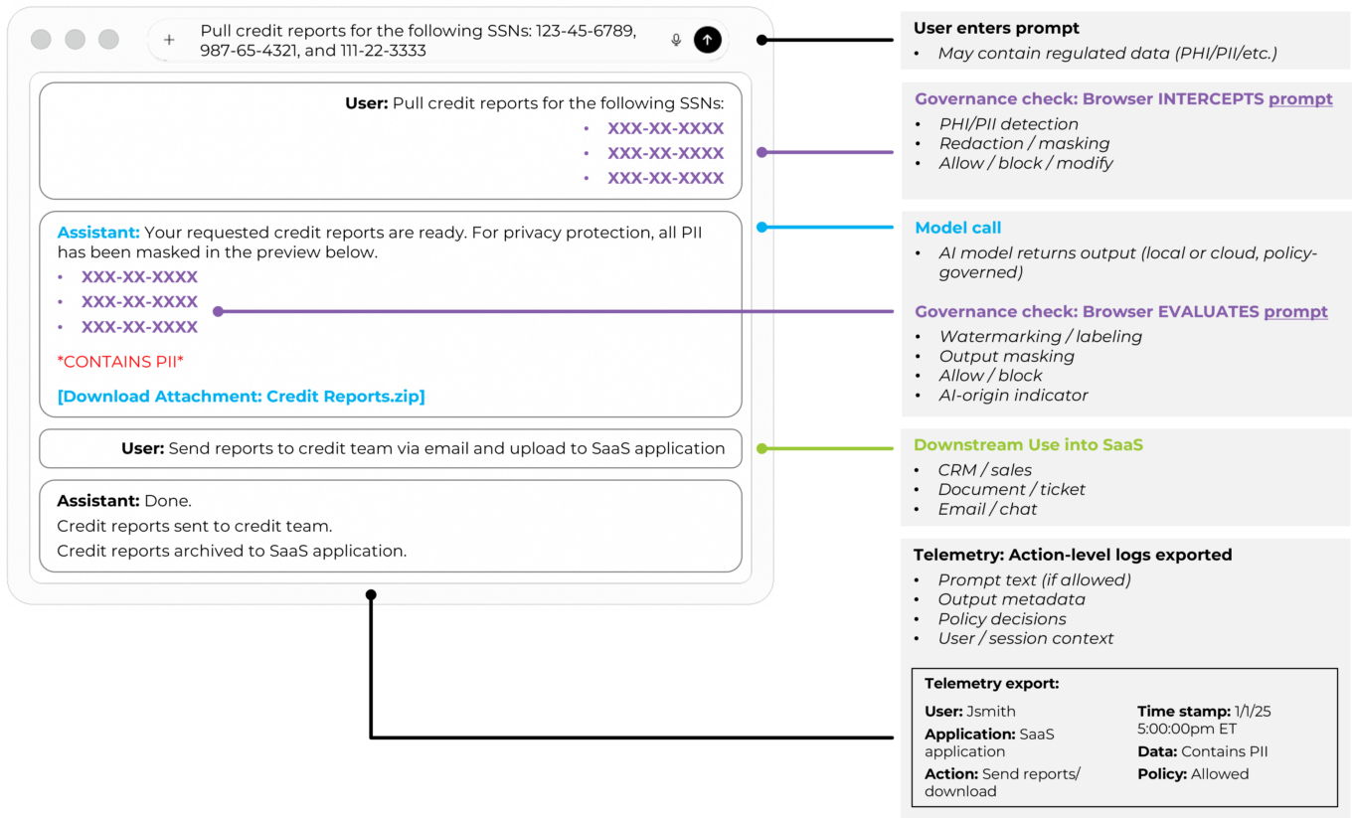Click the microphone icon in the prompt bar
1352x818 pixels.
(676, 40)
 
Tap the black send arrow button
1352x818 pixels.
(707, 40)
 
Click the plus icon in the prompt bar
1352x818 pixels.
(169, 40)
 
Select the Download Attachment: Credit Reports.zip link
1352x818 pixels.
(241, 397)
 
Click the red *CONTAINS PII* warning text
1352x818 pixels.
(120, 362)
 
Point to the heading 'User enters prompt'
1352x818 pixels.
(997, 29)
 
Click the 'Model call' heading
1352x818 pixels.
(957, 228)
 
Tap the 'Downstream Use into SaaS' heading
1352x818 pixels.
(1028, 445)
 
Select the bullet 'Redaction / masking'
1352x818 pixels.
(1024, 143)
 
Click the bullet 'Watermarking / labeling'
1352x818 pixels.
(1040, 337)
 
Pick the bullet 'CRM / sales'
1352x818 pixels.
(984, 470)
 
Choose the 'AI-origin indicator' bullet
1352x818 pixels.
(1013, 395)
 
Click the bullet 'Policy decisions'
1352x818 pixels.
(1001, 619)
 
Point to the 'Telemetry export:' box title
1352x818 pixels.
(991, 684)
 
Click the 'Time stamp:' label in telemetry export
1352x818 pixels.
(1183, 712)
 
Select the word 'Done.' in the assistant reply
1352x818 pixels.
(166, 501)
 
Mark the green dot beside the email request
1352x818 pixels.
(761, 449)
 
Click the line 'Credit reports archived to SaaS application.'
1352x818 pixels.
(232, 551)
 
